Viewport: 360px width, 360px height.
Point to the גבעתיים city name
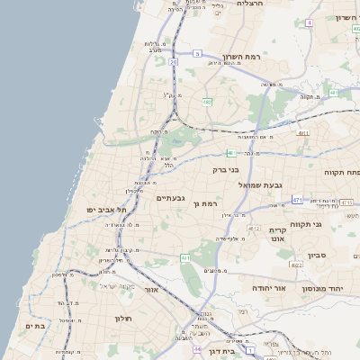[170, 198]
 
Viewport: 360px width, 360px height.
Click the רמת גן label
[206, 205]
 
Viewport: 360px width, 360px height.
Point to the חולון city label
[123, 319]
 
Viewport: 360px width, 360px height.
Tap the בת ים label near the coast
[35, 326]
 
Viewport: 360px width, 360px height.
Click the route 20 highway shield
[173, 62]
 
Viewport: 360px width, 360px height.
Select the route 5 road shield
[197, 53]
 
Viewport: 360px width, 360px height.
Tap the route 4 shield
[310, 22]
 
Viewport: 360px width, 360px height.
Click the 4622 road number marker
[295, 265]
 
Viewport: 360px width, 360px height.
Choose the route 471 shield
[297, 199]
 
